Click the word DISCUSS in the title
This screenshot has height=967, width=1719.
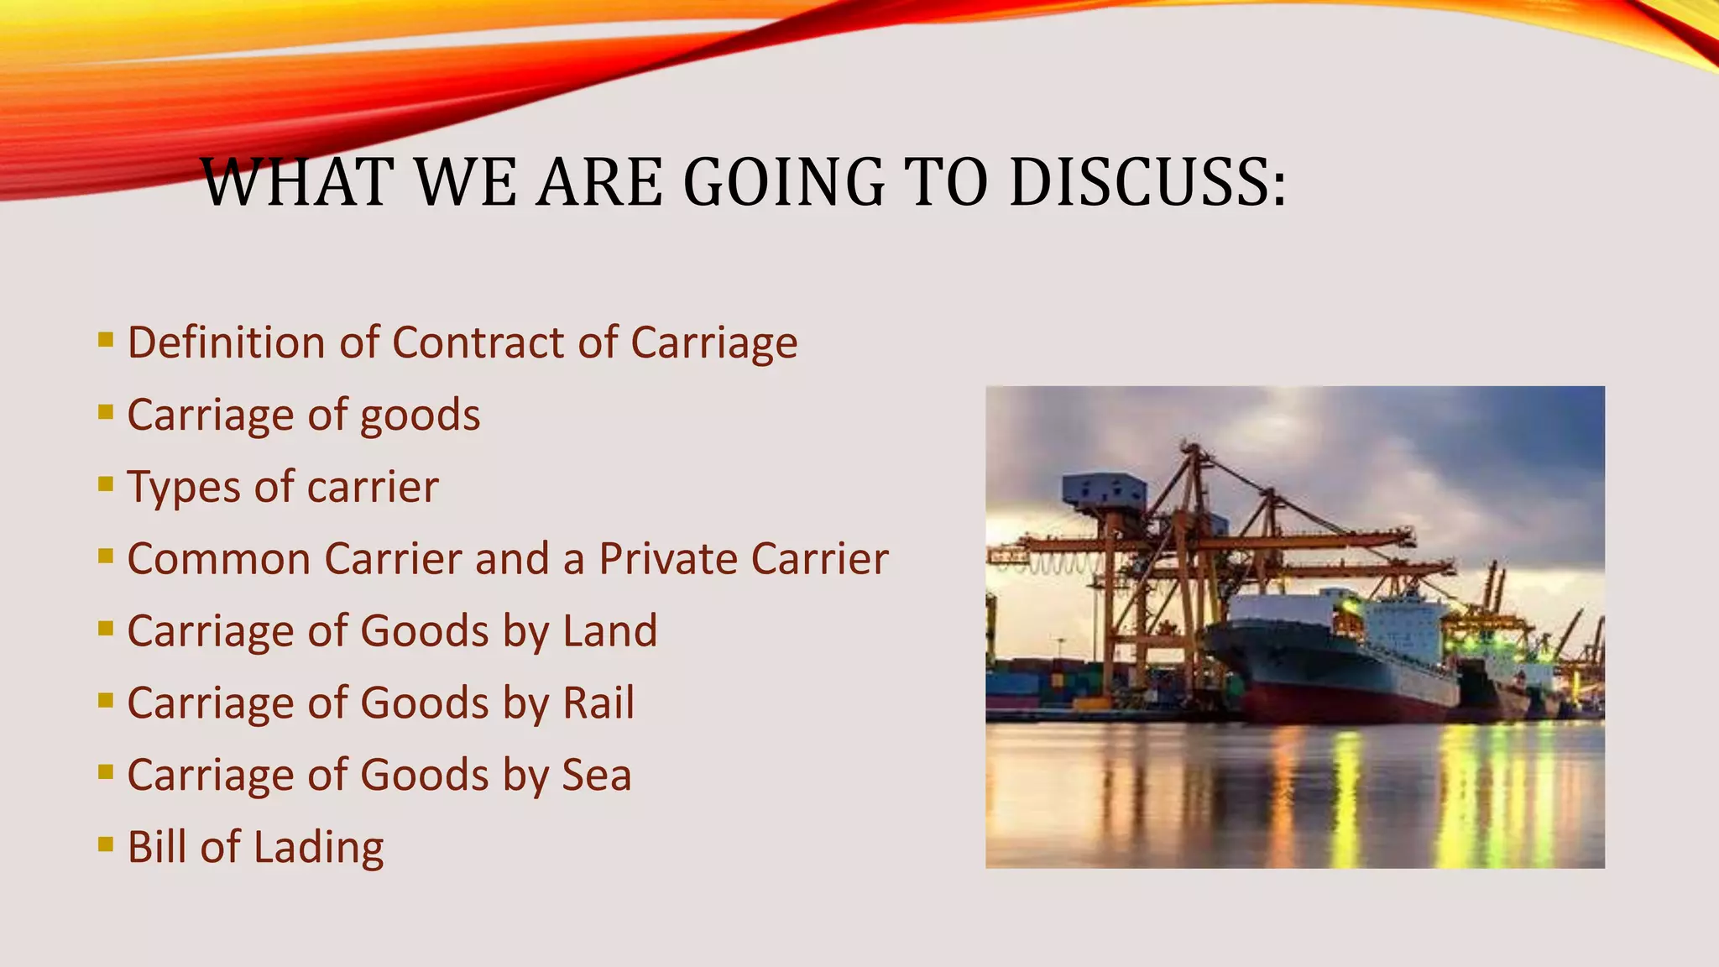pyautogui.click(x=1147, y=182)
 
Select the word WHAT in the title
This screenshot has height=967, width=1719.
pyautogui.click(x=298, y=182)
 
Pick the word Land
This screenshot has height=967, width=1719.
pyautogui.click(x=610, y=631)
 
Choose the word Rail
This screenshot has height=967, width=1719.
pyautogui.click(x=598, y=703)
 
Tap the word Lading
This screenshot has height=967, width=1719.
pyautogui.click(x=318, y=848)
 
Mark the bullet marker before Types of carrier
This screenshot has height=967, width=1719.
pyautogui.click(x=106, y=483)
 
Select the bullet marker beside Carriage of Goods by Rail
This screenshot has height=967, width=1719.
pyautogui.click(x=106, y=699)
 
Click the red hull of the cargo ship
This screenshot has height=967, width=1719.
pyautogui.click(x=1343, y=705)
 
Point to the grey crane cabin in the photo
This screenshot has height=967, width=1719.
pyautogui.click(x=1103, y=494)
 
